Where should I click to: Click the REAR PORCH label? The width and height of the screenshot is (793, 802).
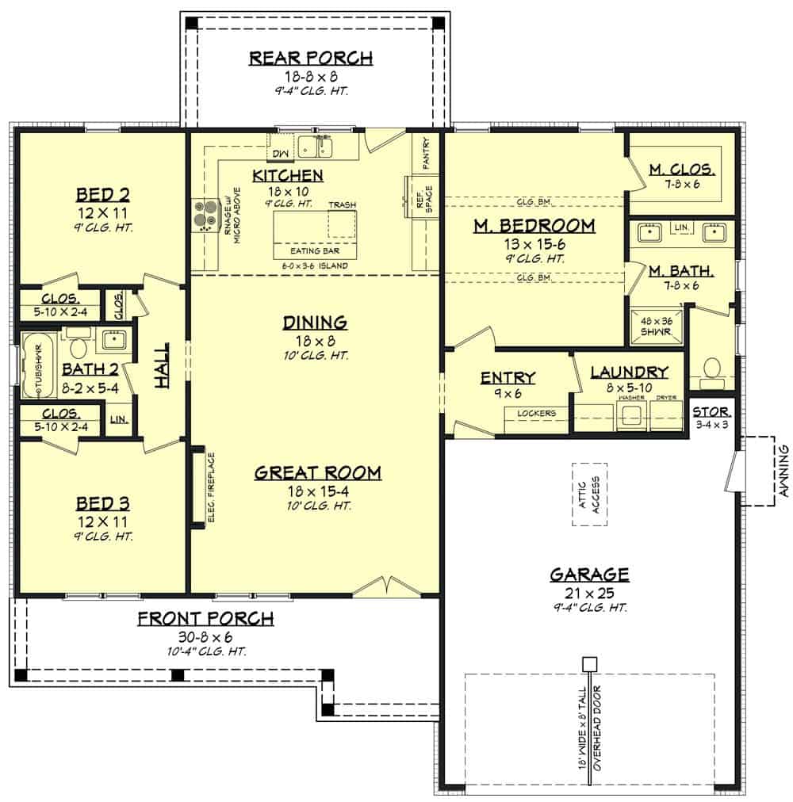coord(311,58)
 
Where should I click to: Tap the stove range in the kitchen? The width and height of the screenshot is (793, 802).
coord(205,214)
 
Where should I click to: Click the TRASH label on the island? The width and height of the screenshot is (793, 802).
coord(342,204)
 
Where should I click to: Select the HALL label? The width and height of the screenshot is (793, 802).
coord(162,365)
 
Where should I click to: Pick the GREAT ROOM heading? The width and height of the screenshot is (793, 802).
coord(317,473)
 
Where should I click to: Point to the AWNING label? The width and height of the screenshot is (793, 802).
coord(783,470)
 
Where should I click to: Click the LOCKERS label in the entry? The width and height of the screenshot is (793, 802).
coord(536,413)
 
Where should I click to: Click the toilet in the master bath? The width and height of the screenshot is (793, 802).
coord(711,370)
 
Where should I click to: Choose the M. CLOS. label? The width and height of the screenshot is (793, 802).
coord(682,170)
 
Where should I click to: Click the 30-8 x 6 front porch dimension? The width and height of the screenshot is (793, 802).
coord(205,636)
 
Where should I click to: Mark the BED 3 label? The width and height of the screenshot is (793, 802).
coord(103,503)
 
